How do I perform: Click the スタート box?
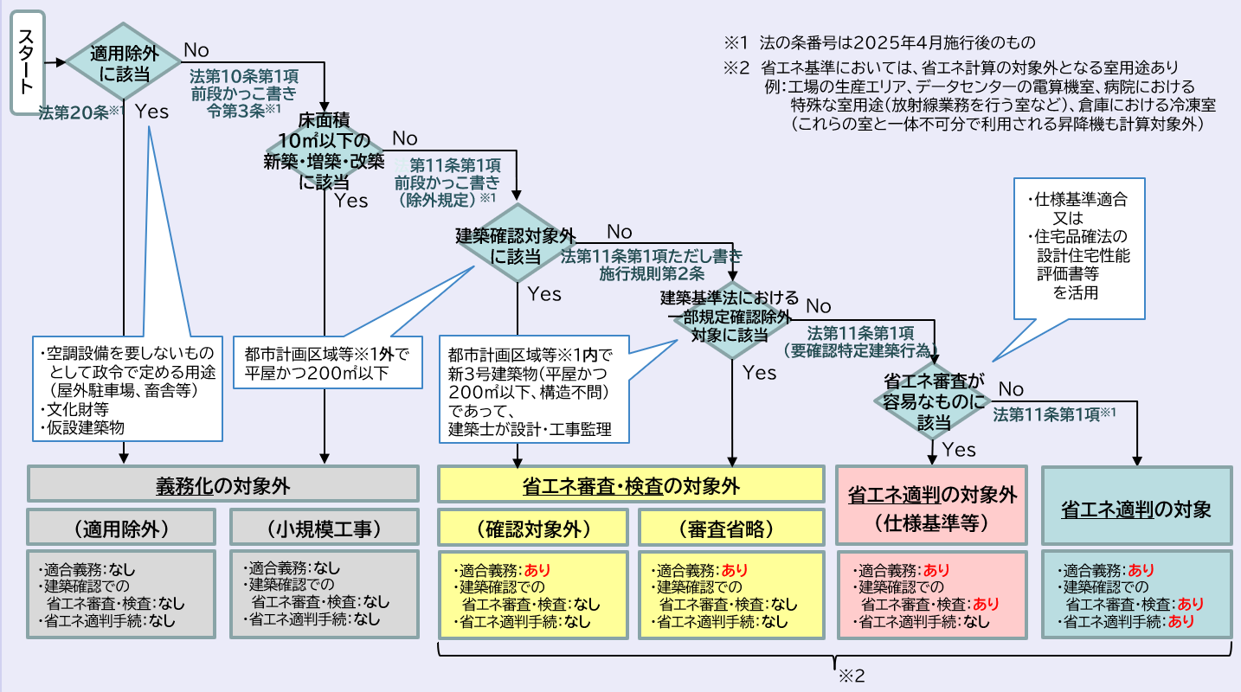(x=28, y=63)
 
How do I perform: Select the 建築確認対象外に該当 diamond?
(x=516, y=245)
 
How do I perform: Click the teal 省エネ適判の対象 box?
(x=1135, y=509)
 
